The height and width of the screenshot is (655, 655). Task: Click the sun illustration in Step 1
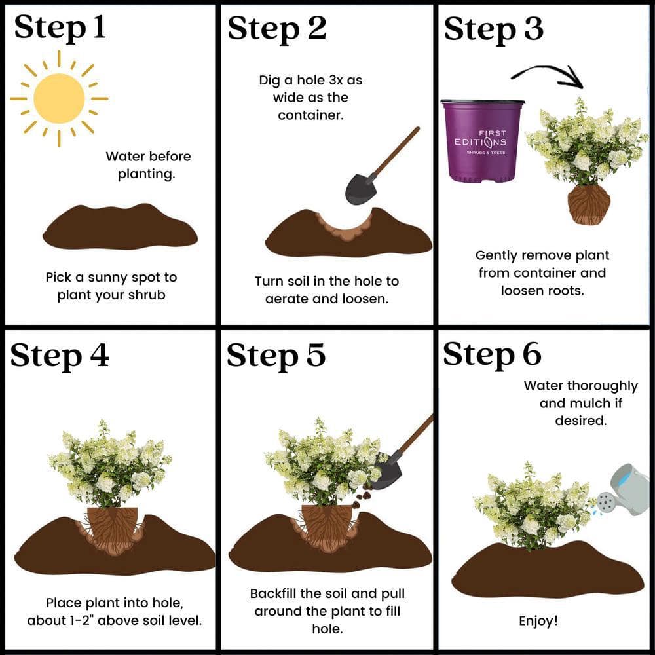point(59,99)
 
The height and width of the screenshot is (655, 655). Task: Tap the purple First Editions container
point(483,141)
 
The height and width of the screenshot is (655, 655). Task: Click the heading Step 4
point(60,356)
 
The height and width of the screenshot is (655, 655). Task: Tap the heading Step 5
point(276,356)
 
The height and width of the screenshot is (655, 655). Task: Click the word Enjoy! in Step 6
point(538,621)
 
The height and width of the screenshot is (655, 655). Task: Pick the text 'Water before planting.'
point(148,165)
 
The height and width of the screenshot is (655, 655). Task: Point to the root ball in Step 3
point(589,204)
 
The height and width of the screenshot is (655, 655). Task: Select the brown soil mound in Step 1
point(121,226)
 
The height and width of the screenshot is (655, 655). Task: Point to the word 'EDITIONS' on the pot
point(480,142)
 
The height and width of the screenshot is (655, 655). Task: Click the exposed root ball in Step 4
point(113,530)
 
